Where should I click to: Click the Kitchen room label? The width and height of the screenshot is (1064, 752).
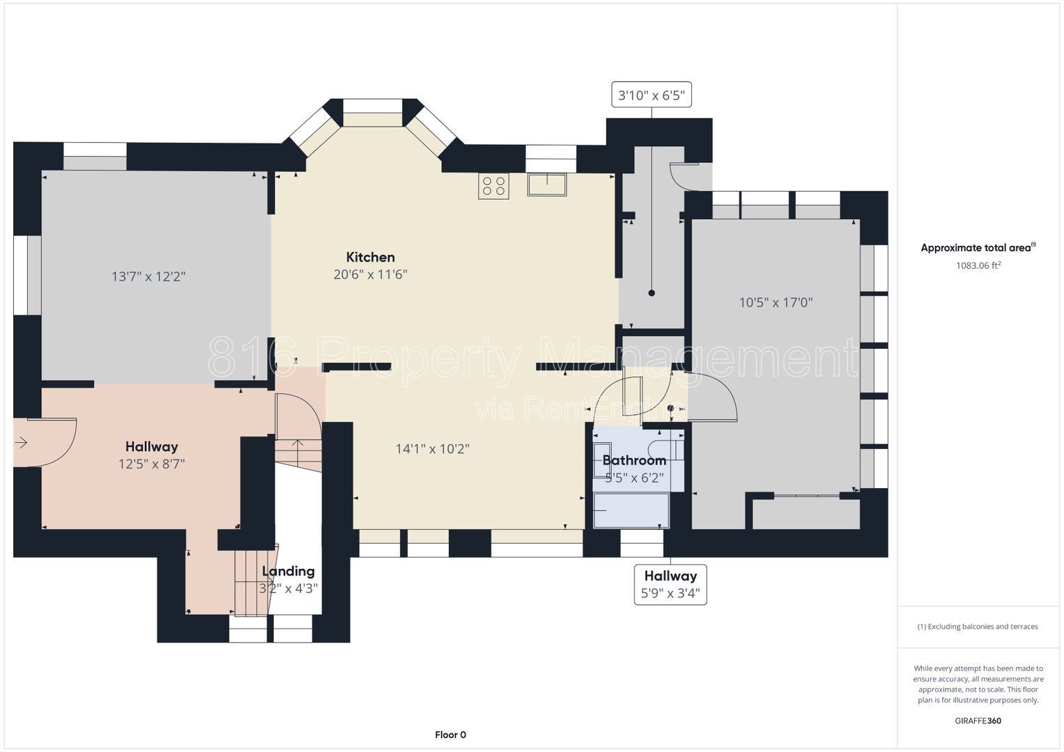(x=371, y=258)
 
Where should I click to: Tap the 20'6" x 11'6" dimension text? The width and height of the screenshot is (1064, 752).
(x=371, y=274)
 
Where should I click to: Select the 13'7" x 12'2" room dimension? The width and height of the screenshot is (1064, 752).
(x=148, y=276)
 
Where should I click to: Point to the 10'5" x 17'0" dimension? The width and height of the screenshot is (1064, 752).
(x=776, y=302)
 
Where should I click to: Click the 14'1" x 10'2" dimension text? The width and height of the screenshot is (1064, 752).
(x=432, y=448)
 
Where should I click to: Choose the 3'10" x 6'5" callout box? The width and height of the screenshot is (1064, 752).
(x=651, y=95)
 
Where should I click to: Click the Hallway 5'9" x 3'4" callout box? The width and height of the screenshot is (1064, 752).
(x=670, y=584)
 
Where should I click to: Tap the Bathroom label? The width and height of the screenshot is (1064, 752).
(x=634, y=460)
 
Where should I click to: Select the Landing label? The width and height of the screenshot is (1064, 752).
(x=288, y=571)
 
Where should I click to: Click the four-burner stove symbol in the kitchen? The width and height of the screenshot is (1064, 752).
(x=493, y=186)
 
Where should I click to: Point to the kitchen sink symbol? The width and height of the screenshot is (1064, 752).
(x=547, y=185)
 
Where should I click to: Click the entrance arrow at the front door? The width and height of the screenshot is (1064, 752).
(x=21, y=443)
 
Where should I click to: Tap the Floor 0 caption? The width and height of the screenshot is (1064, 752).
(x=450, y=735)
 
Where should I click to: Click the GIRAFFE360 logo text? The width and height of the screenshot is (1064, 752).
(x=978, y=721)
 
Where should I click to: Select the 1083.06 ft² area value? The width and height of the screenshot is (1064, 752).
(x=978, y=265)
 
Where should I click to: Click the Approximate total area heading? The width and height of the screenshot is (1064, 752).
(x=978, y=247)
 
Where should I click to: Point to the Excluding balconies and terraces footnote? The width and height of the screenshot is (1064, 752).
(x=978, y=627)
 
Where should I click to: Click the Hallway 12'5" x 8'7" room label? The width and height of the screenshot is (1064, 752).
(x=151, y=455)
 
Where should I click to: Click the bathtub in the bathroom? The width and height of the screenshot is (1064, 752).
(x=631, y=510)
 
